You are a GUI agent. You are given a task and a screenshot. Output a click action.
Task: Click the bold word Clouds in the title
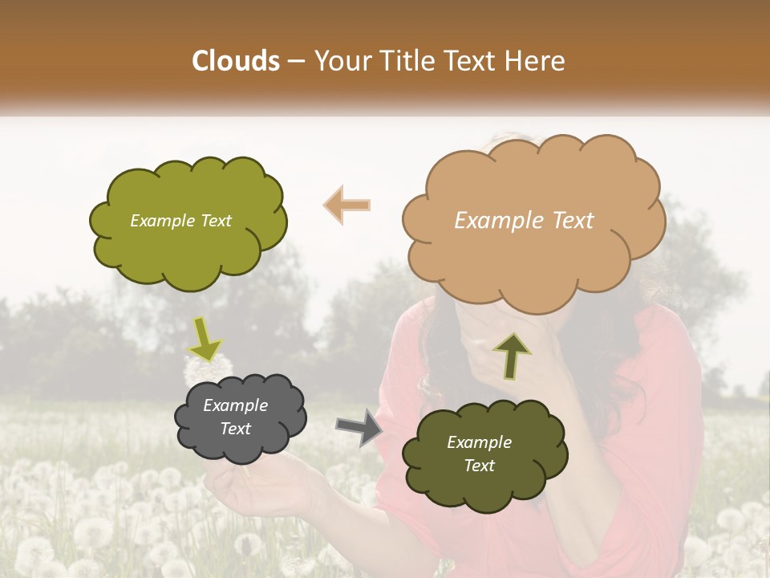(236, 60)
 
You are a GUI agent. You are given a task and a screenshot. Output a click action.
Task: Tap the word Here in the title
(533, 60)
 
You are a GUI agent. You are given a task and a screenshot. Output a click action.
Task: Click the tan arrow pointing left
(346, 205)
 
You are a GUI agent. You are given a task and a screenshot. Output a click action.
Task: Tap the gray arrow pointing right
(358, 426)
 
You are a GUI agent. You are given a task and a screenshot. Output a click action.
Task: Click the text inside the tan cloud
(524, 221)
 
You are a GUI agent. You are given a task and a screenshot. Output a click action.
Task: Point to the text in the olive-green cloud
(180, 221)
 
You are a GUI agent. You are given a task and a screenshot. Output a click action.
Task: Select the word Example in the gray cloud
(235, 405)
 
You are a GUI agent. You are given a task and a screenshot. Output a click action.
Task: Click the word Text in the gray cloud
(235, 429)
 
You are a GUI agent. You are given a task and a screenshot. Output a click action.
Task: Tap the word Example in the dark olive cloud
(479, 442)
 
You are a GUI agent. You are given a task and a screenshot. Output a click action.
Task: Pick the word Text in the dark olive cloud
(479, 466)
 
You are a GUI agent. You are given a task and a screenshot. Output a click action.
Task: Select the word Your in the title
(341, 60)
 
